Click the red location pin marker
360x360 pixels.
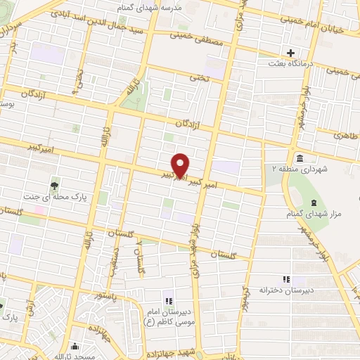pyautogui.click(x=181, y=165)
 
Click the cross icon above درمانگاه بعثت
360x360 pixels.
pyautogui.click(x=290, y=53)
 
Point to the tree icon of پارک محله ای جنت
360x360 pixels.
pyautogui.click(x=54, y=186)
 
